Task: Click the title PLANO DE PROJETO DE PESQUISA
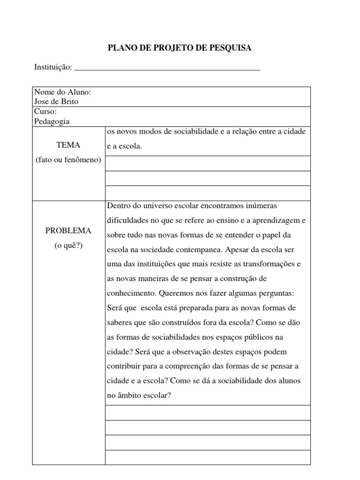tap(180, 48)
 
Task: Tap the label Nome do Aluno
tap(63, 92)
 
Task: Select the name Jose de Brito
tap(56, 101)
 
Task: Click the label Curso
tap(45, 112)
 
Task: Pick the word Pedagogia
tap(52, 121)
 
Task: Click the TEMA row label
tap(68, 145)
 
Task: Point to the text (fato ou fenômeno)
tap(68, 160)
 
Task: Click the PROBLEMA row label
tap(68, 231)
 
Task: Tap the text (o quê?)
tap(68, 245)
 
